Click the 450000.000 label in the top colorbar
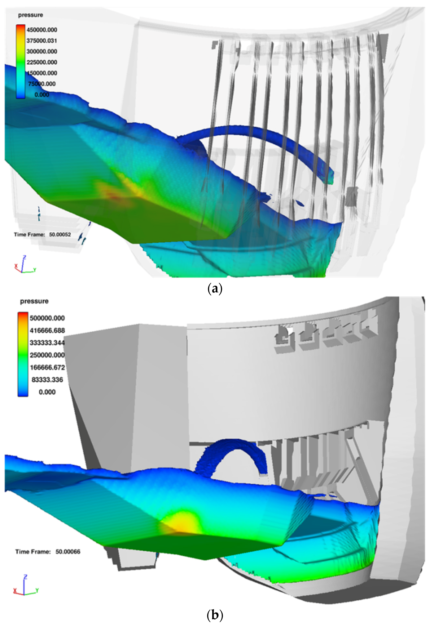point(42,30)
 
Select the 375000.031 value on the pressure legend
point(42,41)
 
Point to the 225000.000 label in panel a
point(42,62)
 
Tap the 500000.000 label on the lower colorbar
point(47,318)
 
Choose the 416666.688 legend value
point(47,330)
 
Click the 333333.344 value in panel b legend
point(47,343)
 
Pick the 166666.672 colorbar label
point(47,368)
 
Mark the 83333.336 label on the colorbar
point(47,380)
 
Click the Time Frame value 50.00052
point(60,235)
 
